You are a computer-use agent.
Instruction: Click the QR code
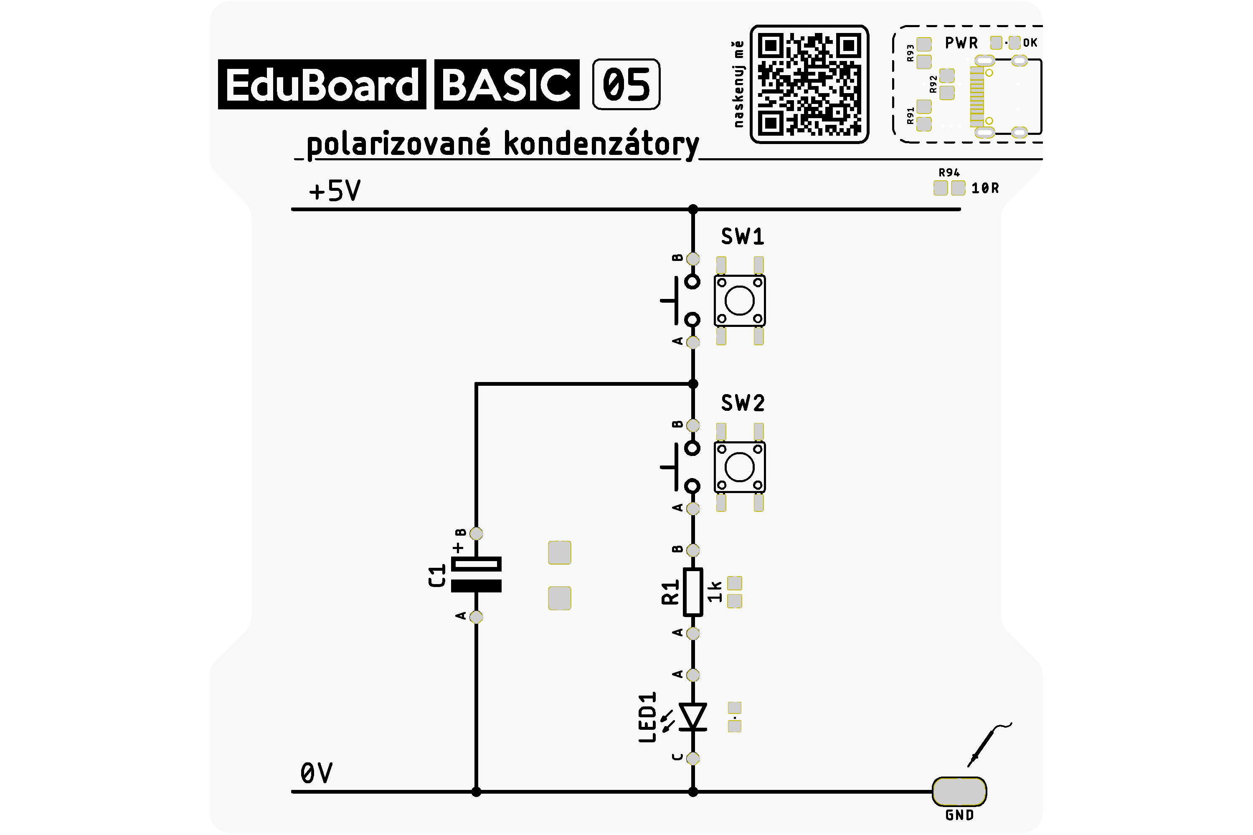click(x=809, y=84)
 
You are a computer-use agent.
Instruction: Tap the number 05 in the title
click(x=626, y=85)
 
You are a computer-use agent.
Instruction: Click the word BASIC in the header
click(x=507, y=85)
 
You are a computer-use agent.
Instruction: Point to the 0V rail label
click(x=317, y=773)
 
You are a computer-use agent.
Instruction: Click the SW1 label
click(x=743, y=236)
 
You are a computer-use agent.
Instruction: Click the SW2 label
click(x=743, y=403)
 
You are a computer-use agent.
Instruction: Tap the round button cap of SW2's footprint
click(x=739, y=467)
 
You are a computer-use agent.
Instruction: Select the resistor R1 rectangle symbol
click(x=692, y=592)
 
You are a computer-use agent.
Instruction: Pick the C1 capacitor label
click(x=437, y=576)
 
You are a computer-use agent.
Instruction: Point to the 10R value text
click(x=985, y=188)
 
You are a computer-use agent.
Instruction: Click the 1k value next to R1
click(x=715, y=592)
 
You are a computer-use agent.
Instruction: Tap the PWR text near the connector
click(x=961, y=43)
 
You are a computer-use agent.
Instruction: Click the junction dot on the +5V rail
click(x=692, y=209)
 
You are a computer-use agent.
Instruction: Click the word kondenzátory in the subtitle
click(x=601, y=144)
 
